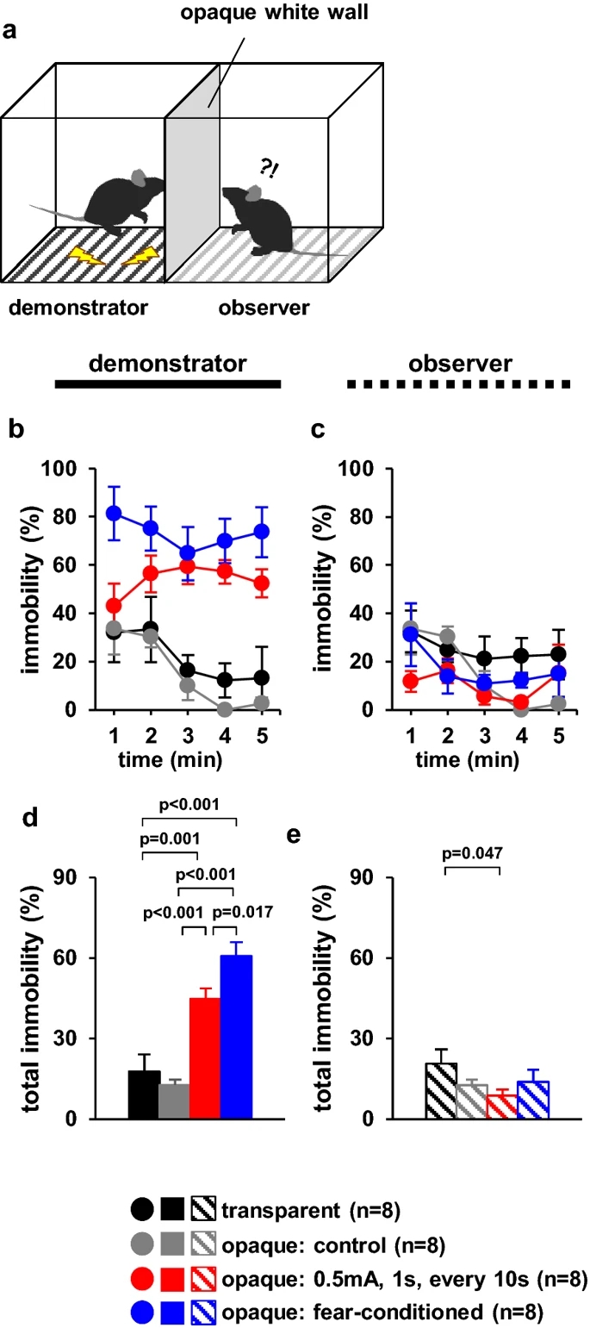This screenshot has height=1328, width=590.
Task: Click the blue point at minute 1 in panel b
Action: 114,514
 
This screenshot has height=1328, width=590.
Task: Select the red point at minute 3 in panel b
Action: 187,566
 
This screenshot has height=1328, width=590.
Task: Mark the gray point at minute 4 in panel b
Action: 226,709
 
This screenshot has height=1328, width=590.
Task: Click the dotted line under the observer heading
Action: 459,384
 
